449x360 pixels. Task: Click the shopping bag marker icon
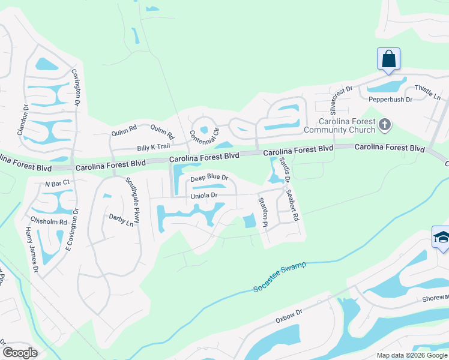388,59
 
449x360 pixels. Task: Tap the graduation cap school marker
441,238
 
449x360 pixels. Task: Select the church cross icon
385,125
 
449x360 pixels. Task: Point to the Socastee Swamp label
279,277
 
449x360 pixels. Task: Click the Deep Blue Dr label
209,178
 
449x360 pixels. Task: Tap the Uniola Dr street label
203,196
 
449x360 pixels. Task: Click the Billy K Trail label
154,147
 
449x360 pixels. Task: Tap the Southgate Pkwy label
133,200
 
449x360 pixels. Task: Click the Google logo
20,352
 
